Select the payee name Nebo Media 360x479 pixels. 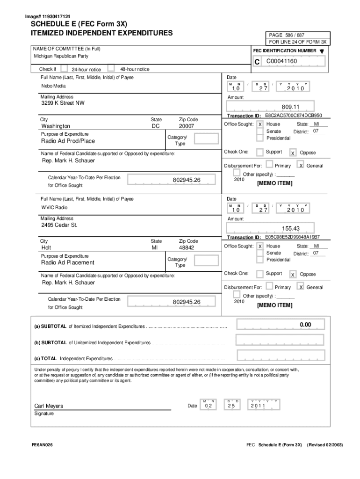tap(53, 86)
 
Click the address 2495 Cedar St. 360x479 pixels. tap(59, 225)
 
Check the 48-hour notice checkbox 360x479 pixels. tap(111, 68)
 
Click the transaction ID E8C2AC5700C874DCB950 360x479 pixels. tap(293, 115)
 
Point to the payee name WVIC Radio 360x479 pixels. tap(54, 207)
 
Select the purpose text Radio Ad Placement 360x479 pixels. tap(68, 262)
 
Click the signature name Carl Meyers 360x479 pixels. tap(49, 406)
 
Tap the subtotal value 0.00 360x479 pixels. tap(305, 325)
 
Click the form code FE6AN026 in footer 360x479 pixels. tap(42, 444)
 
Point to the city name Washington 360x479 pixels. tap(56, 126)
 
